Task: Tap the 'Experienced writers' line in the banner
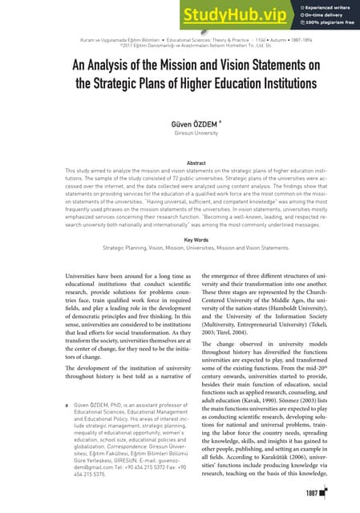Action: pos(319,6)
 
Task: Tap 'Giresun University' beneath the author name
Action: pos(180,135)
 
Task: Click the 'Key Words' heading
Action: pos(180,239)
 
